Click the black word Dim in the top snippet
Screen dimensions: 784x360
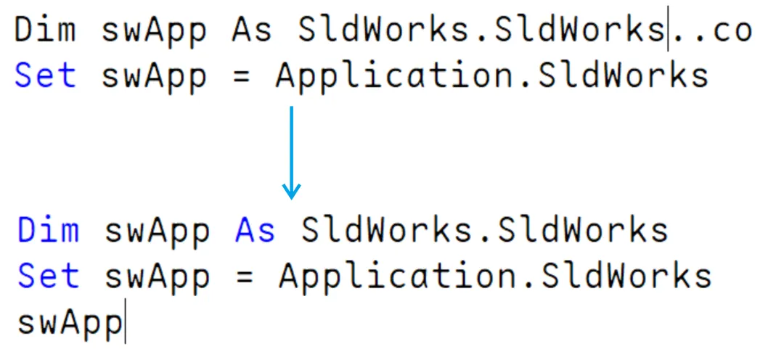(45, 31)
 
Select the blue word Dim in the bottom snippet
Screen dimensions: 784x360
(49, 231)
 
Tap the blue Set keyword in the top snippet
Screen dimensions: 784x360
(45, 75)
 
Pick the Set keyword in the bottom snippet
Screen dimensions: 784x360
(49, 276)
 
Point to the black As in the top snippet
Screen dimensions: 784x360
(252, 31)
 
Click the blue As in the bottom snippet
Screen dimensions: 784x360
(256, 231)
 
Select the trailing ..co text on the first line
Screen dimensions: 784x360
(712, 31)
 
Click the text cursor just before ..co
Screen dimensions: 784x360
(669, 31)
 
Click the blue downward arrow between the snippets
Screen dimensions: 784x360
(291, 152)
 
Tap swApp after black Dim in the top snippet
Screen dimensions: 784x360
(154, 31)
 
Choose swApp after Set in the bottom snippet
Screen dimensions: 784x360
(158, 277)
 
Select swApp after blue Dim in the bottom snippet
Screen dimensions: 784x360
(158, 231)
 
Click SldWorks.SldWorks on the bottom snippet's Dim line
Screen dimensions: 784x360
(484, 231)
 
